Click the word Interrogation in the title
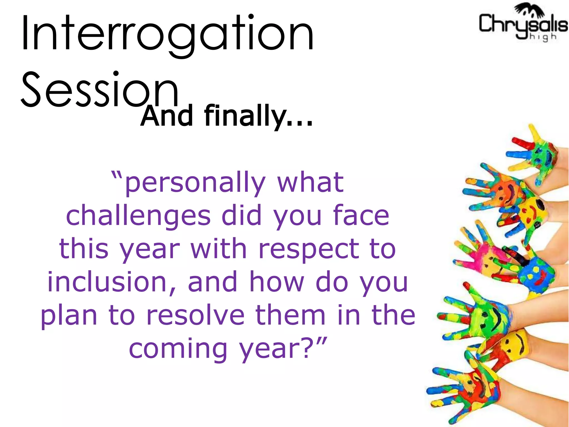pyautogui.click(x=168, y=35)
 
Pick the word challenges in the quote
pyautogui.click(x=138, y=216)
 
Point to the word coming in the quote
pyautogui.click(x=178, y=349)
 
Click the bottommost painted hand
pyautogui.click(x=467, y=389)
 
